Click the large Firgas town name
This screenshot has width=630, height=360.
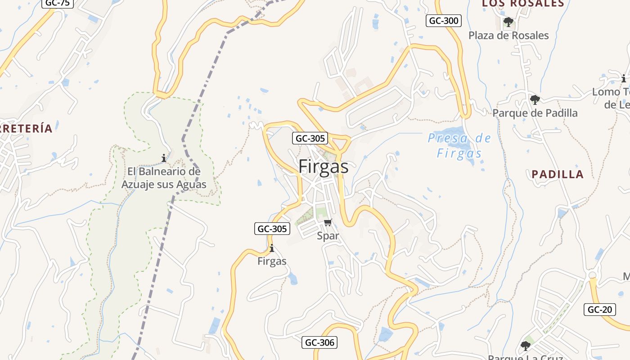coord(323,167)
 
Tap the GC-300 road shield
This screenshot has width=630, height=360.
coord(444,21)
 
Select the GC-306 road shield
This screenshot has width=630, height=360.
coord(319,342)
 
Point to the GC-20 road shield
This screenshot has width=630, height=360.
coord(600,310)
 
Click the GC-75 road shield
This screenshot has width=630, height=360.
coord(58,3)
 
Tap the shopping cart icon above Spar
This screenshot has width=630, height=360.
coord(328,222)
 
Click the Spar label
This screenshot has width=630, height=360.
coord(328,235)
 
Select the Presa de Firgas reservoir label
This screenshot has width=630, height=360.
coord(459,145)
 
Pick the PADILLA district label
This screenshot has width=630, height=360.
coord(558,174)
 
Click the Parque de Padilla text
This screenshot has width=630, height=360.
coord(535,113)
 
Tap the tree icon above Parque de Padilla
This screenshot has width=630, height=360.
coord(535,99)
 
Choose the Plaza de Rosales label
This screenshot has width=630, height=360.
coord(508,36)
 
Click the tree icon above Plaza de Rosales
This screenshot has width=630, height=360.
coord(508,22)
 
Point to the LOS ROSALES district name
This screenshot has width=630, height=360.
coord(523,4)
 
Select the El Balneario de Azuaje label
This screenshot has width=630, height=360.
coord(164,178)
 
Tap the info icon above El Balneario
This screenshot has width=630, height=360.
coord(164,158)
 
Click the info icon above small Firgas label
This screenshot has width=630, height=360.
coord(271,248)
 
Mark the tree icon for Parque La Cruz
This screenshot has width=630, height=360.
coord(525,346)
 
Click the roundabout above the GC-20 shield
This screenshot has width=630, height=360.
coord(592,275)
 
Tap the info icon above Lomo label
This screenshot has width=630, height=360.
coord(624,78)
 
